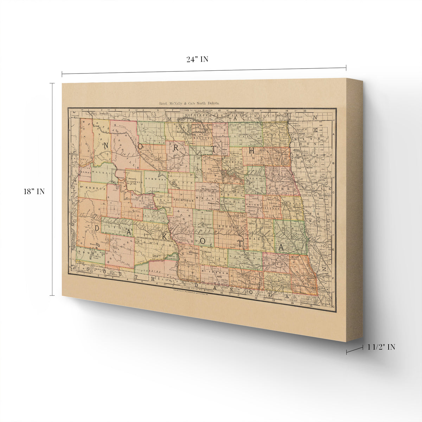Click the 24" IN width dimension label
point(197,59)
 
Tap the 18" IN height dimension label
point(34,192)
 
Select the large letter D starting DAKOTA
point(97,228)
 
